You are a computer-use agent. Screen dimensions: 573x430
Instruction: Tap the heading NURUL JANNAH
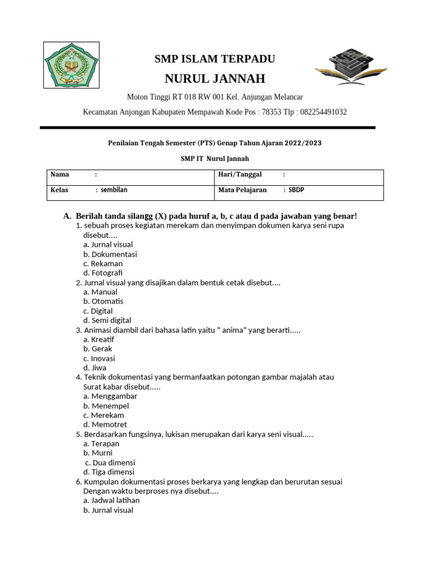(x=214, y=78)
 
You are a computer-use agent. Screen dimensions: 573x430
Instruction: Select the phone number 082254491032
(x=324, y=112)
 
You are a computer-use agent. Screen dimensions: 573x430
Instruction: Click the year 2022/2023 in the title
(x=302, y=143)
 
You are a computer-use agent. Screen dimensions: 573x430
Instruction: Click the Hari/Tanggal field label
(x=240, y=175)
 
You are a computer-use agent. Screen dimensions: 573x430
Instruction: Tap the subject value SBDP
(x=296, y=190)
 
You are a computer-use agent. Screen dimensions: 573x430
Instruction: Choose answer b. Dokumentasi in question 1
(x=110, y=254)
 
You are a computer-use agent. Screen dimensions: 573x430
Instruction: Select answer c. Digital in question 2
(x=98, y=311)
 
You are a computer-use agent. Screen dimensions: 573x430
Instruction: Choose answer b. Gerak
(x=97, y=349)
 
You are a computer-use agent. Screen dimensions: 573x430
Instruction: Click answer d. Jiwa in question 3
(x=95, y=368)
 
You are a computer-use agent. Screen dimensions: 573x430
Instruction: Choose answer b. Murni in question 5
(x=98, y=453)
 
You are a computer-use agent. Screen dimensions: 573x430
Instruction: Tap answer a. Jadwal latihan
(x=111, y=500)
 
